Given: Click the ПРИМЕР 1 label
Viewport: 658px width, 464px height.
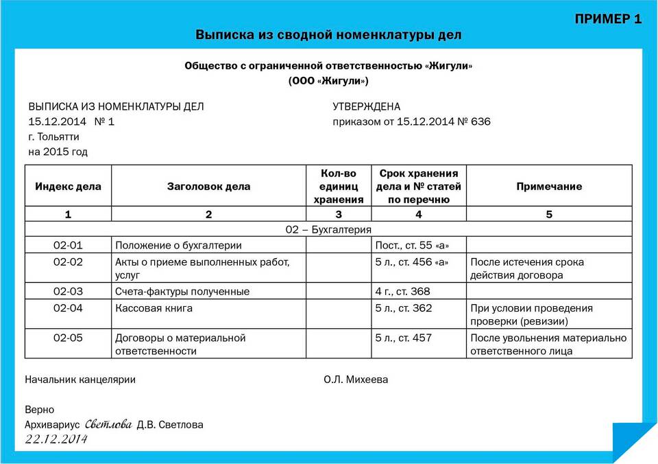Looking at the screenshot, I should point(608,19).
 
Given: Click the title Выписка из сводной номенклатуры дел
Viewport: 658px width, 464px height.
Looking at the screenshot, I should point(329,34).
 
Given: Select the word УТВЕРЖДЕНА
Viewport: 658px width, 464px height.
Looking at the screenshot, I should point(366,107).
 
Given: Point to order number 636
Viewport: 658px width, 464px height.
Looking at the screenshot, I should point(480,122).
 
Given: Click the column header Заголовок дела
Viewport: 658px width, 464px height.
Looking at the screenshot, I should point(208,186).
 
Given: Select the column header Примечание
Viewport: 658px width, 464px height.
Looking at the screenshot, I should point(549,186).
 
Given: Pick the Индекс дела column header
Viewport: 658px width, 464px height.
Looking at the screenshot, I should point(68,186).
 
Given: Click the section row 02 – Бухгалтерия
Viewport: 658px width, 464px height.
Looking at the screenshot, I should point(328,229).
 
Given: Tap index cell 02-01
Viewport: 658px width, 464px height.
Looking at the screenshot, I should point(68,245).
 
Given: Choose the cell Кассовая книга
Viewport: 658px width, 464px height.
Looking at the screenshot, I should point(154,308).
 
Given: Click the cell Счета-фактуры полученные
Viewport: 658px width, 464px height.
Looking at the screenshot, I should point(182,292).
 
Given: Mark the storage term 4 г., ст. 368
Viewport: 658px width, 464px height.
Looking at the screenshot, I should point(403,292).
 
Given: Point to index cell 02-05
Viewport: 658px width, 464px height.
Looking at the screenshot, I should point(68,338).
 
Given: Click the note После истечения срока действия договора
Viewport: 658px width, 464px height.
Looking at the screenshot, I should point(526,268).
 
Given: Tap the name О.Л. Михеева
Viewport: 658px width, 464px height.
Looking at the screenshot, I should point(356,380).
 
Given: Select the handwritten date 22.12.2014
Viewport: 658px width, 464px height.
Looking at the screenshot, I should point(57,440).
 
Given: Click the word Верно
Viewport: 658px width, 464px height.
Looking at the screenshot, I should point(39,410).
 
